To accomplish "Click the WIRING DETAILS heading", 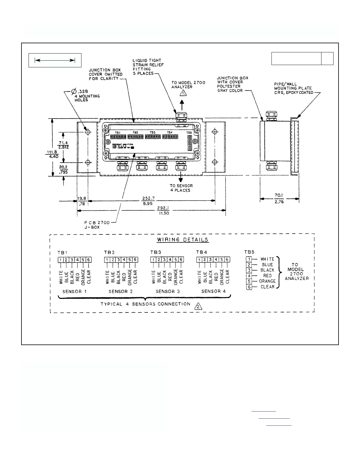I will pyautogui.click(x=183, y=239).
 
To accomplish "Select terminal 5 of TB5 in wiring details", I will pyautogui.click(x=249, y=281).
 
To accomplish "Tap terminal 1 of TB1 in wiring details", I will pyautogui.click(x=61, y=260).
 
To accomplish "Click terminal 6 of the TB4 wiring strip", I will pyautogui.click(x=227, y=259).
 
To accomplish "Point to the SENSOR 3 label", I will pyautogui.click(x=167, y=291).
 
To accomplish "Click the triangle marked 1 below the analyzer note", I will pyautogui.click(x=183, y=93).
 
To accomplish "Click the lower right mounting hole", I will pyautogui.click(x=215, y=162).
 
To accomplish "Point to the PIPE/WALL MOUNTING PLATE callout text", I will pyautogui.click(x=293, y=88).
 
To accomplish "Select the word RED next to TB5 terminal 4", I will pyautogui.click(x=267, y=276).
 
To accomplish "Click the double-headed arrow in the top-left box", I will pyautogui.click(x=55, y=60).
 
